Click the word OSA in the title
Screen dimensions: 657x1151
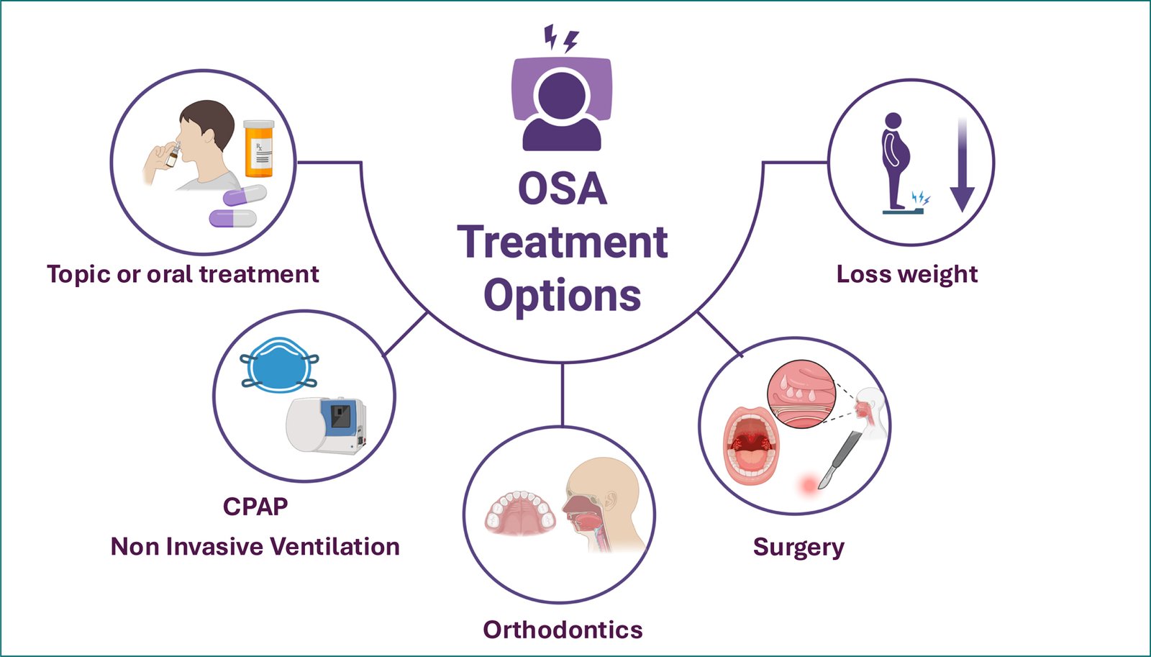[562, 189]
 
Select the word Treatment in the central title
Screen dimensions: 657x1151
[562, 242]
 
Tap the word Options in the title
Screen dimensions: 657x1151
[562, 295]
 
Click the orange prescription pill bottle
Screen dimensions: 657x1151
[259, 149]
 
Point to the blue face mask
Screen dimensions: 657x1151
[279, 365]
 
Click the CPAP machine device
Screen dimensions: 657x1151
[327, 425]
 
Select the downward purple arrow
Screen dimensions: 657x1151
[962, 166]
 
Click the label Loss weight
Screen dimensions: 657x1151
[906, 274]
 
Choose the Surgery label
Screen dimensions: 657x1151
[799, 547]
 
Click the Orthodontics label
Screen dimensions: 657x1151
[563, 630]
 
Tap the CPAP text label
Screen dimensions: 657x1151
[255, 507]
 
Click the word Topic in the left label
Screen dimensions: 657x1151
[78, 275]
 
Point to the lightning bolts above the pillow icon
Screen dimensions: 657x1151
[560, 38]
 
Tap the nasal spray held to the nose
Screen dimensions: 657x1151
[173, 155]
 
